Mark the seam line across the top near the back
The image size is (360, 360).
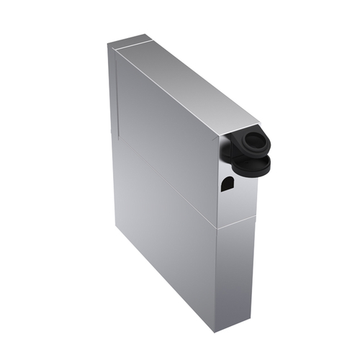pyautogui.click(x=133, y=45)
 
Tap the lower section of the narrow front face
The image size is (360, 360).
pyautogui.click(x=236, y=274)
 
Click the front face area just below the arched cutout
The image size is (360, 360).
pyautogui.click(x=229, y=205)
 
